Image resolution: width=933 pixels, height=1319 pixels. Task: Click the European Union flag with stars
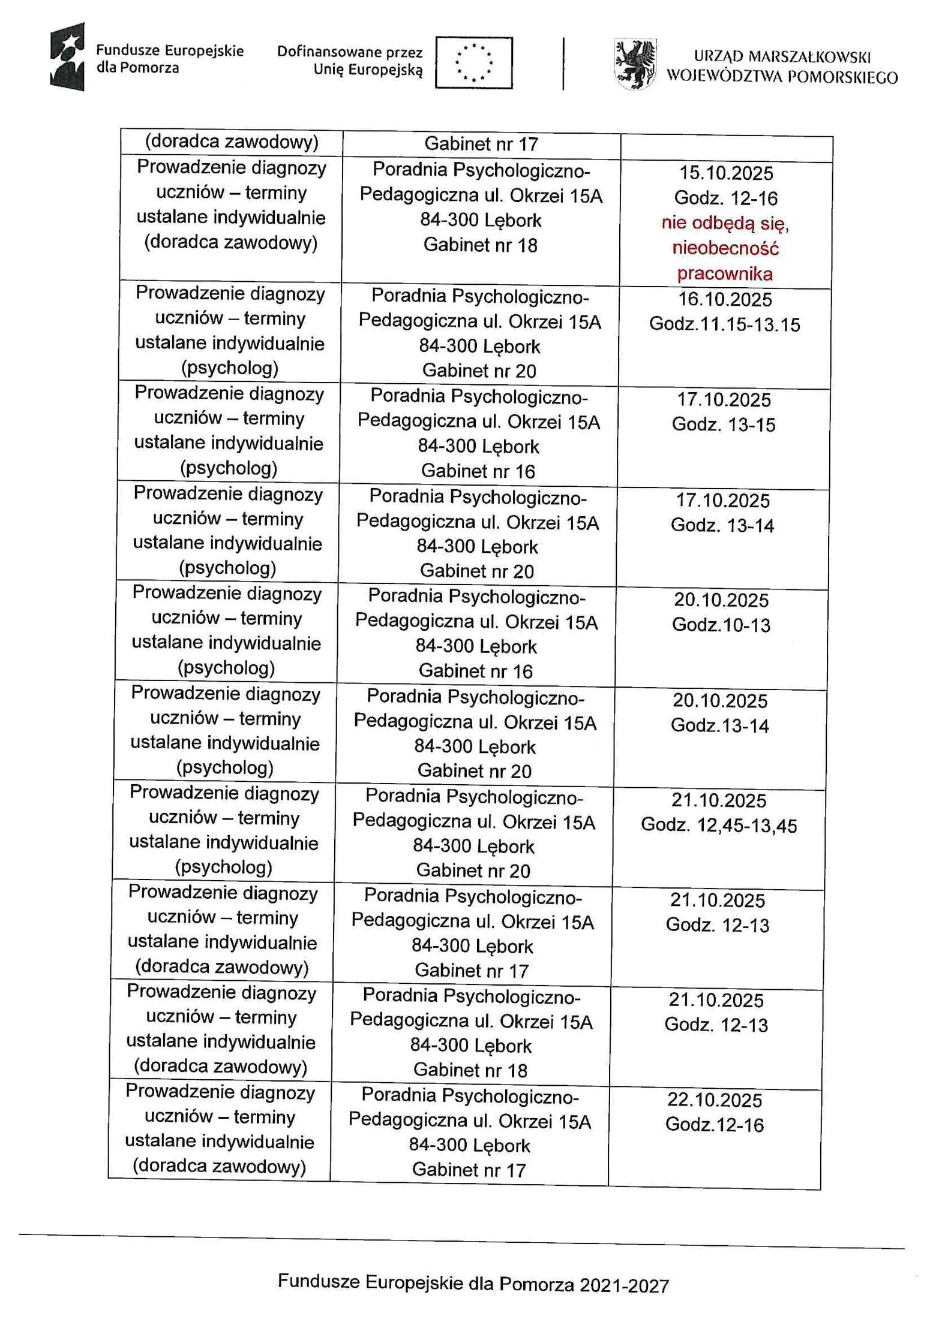(x=473, y=62)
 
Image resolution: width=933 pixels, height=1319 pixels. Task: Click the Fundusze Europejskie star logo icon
(x=67, y=56)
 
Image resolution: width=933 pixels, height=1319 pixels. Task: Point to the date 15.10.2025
(x=726, y=173)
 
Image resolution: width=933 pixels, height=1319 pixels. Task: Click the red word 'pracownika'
(x=725, y=274)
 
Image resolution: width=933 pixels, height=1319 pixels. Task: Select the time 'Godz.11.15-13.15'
(x=724, y=325)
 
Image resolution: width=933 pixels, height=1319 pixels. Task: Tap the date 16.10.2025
(x=725, y=300)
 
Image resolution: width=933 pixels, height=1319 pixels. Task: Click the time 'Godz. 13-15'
(x=723, y=425)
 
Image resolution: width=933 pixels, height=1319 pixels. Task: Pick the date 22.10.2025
(x=715, y=1100)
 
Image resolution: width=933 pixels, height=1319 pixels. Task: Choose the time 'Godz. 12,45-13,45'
(x=719, y=826)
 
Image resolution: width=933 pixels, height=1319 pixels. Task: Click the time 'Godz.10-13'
(x=721, y=625)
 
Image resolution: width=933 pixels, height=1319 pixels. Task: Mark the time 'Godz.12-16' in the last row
(x=714, y=1125)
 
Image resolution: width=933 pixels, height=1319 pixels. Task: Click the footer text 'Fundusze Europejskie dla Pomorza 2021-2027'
(x=473, y=1284)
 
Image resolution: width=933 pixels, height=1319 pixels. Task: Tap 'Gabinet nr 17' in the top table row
(x=481, y=144)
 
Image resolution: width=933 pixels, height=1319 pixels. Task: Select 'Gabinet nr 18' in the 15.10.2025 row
(x=480, y=245)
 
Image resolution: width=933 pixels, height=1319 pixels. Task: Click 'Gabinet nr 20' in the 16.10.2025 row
(x=479, y=371)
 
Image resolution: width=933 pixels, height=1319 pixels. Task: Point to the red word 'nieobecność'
(x=725, y=248)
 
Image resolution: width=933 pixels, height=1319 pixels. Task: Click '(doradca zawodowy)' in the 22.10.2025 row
(x=219, y=1166)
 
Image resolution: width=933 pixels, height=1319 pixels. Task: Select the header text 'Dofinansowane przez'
(x=350, y=53)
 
